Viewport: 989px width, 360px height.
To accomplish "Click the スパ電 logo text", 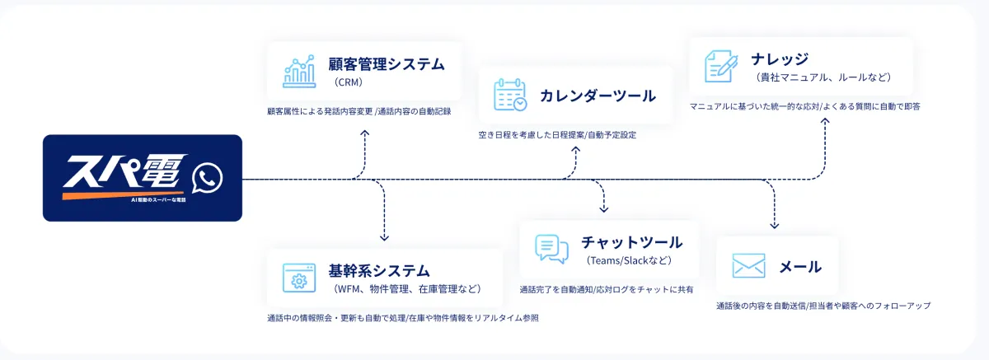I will (124, 175).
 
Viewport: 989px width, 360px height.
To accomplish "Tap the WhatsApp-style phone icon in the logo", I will (207, 178).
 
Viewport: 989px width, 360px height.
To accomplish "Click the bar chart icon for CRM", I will (298, 71).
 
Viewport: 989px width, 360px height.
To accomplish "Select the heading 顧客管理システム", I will (386, 63).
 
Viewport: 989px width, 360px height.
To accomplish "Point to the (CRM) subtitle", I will (349, 82).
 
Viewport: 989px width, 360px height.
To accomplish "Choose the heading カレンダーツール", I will (598, 96).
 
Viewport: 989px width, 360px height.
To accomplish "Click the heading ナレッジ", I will (780, 59).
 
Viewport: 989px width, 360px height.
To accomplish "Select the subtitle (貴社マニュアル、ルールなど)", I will (823, 77).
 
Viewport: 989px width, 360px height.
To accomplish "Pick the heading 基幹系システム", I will (379, 270).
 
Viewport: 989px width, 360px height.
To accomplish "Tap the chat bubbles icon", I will (551, 249).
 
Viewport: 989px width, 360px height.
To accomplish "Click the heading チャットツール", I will (631, 242).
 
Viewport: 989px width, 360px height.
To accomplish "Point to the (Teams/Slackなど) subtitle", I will (630, 261).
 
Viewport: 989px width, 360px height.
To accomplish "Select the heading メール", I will (800, 267).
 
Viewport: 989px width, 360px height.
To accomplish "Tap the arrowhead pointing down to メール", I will (774, 226).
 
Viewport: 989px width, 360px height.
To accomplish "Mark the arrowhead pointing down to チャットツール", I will (603, 210).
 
